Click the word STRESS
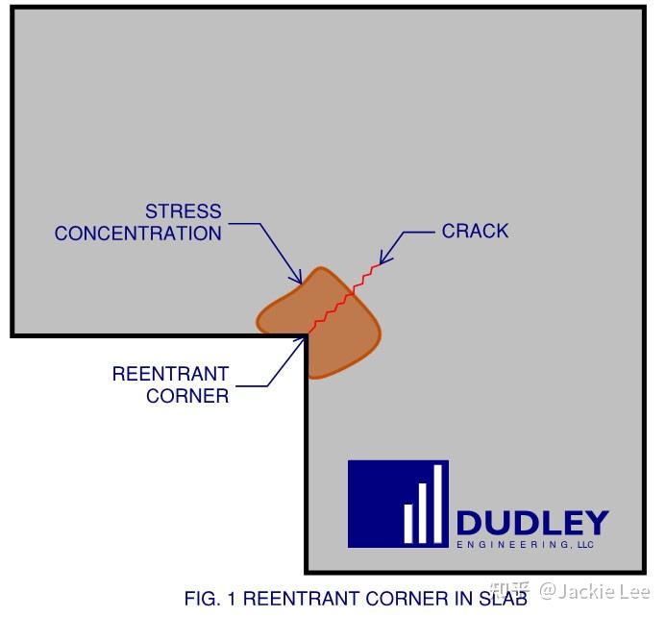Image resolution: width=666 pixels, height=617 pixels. tap(183, 211)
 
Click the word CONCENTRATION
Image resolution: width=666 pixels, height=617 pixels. tap(138, 234)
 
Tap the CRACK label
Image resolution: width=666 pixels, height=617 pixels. tap(475, 232)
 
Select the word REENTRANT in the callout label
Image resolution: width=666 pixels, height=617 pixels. tap(170, 374)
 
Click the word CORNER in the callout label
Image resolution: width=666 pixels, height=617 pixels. tap(187, 396)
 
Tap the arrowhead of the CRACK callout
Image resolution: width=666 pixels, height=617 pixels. tap(383, 259)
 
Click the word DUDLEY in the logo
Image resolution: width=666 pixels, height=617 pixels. tap(531, 524)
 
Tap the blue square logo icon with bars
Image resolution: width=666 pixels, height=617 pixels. tap(398, 504)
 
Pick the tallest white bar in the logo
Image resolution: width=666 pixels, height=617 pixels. tap(438, 505)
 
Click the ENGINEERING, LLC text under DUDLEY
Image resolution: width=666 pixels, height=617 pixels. tap(525, 545)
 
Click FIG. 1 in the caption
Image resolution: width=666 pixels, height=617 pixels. tap(210, 598)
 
